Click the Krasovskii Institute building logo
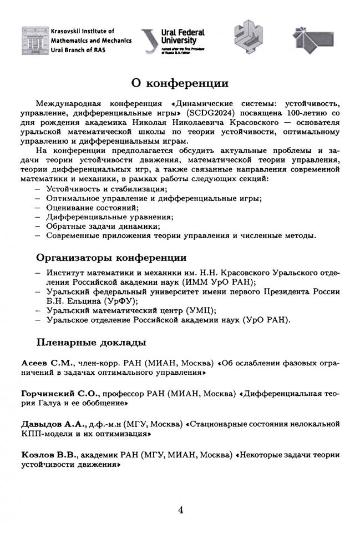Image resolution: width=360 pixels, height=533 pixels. tap(34, 40)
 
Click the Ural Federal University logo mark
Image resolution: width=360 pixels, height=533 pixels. tap(149, 41)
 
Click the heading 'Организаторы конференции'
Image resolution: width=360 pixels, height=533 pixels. tap(111, 258)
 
